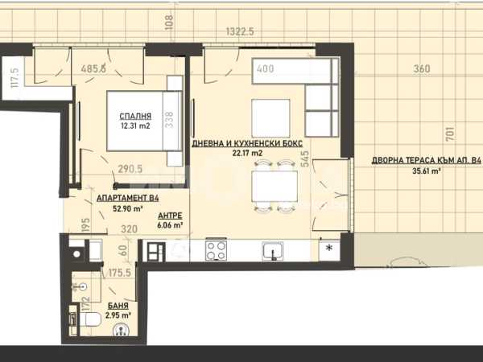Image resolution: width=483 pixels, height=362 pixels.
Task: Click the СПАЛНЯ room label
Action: (x=135, y=117)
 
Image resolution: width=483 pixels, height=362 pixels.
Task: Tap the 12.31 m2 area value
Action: (x=135, y=126)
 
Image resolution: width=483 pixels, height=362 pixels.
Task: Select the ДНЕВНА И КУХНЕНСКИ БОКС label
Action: (x=247, y=143)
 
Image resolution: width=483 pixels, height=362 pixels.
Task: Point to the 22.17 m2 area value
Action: (x=247, y=153)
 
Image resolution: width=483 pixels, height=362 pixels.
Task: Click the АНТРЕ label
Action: (x=170, y=216)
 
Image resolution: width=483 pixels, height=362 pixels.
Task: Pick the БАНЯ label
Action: (x=118, y=306)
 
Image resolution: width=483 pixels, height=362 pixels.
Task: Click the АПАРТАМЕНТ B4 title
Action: (x=127, y=198)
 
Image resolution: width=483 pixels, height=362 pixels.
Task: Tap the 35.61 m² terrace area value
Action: (x=426, y=171)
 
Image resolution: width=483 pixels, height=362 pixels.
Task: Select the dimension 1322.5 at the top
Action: (x=240, y=31)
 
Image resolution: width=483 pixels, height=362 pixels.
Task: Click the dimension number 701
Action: (x=450, y=134)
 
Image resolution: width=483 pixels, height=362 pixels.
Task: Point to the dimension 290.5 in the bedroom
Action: (x=130, y=169)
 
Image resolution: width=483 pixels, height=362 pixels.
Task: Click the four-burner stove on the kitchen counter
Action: (x=217, y=250)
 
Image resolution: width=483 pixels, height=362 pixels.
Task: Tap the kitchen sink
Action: (x=273, y=251)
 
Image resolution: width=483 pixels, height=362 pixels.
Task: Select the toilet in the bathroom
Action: (x=90, y=319)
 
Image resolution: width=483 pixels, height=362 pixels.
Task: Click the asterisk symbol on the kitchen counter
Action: (x=329, y=248)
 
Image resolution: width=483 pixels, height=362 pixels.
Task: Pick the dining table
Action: (x=275, y=187)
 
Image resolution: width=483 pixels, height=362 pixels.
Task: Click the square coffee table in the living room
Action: (x=270, y=118)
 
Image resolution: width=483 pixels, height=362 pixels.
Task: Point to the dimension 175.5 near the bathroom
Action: (x=119, y=273)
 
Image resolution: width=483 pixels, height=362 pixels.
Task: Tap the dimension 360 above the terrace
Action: (x=421, y=68)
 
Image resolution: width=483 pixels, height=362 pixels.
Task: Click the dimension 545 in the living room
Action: (x=305, y=158)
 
